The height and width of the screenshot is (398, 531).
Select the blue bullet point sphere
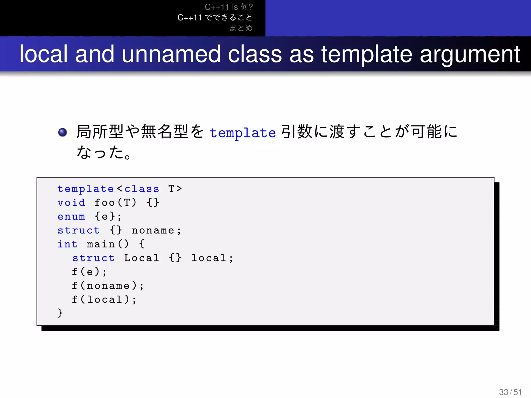[x=62, y=132]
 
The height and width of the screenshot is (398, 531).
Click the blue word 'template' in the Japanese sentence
[x=243, y=133]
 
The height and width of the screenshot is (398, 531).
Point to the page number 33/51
[x=510, y=392]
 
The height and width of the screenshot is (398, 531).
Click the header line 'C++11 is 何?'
[x=229, y=7]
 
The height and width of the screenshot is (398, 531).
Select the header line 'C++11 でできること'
[x=215, y=17]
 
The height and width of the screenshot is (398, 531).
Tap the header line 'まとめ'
[x=241, y=28]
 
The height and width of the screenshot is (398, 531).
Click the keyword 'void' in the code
[x=71, y=203]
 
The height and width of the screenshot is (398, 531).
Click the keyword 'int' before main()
[x=67, y=244]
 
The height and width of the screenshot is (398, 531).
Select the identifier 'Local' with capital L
[x=142, y=258]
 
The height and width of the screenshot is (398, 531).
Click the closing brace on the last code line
[x=60, y=313]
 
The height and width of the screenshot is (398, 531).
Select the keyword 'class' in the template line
[x=142, y=189]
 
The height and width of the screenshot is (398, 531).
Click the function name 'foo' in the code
[x=104, y=203]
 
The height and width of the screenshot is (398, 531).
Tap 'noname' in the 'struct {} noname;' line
[x=153, y=230]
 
